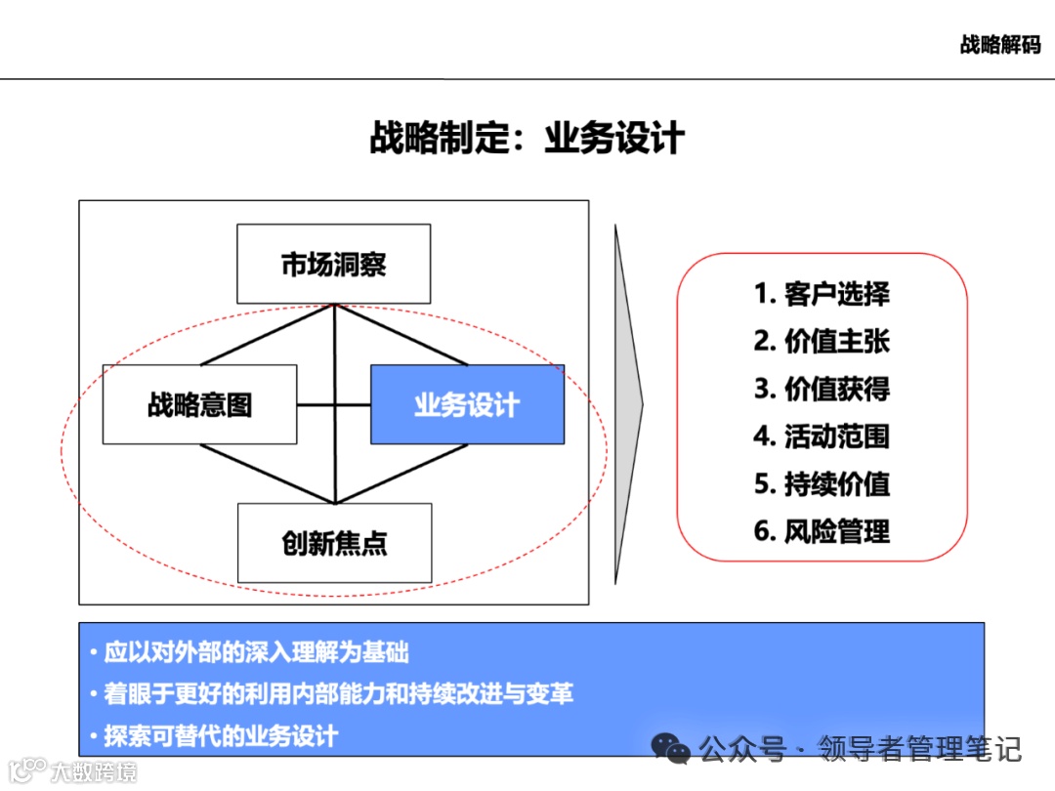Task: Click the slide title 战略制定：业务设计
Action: (x=527, y=138)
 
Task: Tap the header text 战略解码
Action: (x=999, y=45)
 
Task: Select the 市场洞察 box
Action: (x=333, y=264)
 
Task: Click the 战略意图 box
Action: (x=199, y=404)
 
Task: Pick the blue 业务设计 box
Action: (x=467, y=404)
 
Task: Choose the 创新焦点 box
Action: (x=334, y=543)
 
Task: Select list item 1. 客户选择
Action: (x=822, y=294)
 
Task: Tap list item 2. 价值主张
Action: (x=822, y=341)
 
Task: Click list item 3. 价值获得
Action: (x=822, y=389)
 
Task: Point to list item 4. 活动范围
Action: (x=822, y=436)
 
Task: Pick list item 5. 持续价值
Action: (x=822, y=483)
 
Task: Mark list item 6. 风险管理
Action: (x=822, y=531)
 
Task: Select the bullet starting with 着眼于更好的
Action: (x=337, y=693)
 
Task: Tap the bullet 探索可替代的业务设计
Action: (x=220, y=735)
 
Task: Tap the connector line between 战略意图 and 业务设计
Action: (x=315, y=404)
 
